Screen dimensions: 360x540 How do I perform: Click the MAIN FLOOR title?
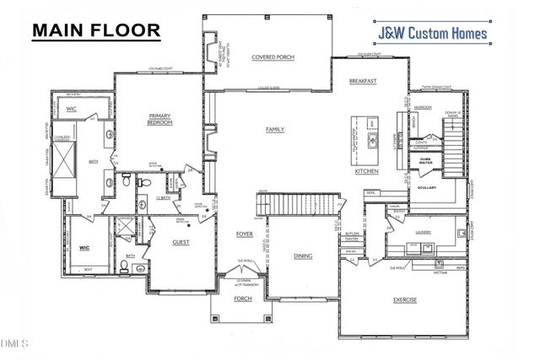click(95, 30)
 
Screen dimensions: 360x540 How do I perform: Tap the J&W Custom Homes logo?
click(432, 34)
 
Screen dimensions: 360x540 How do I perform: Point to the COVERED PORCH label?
click(271, 57)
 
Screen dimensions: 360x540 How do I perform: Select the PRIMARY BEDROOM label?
click(160, 119)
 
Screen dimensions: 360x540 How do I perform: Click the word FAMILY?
click(275, 129)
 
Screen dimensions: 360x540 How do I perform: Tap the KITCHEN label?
click(367, 171)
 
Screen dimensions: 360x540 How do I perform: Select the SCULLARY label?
click(425, 186)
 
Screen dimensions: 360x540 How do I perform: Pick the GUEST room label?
click(181, 242)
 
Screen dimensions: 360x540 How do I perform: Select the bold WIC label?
click(84, 248)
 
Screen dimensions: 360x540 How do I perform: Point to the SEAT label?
click(87, 270)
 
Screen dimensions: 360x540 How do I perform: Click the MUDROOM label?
click(423, 107)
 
